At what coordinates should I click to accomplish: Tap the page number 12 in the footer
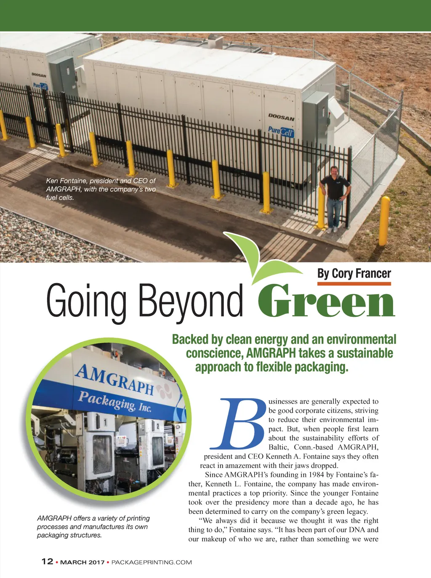[x=47, y=561]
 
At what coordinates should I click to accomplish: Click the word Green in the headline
[x=326, y=301]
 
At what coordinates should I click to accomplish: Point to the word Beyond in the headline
[x=191, y=301]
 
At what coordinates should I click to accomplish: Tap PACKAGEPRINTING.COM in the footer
[x=152, y=562]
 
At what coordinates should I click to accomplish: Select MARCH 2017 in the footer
[x=82, y=562]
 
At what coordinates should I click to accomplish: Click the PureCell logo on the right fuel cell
[x=281, y=131]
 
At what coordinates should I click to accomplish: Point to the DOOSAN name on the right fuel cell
[x=281, y=117]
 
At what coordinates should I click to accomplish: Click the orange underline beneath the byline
[x=354, y=284]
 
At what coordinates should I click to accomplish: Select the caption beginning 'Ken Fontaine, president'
[x=101, y=189]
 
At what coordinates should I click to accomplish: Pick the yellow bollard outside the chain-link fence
[x=383, y=221]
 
